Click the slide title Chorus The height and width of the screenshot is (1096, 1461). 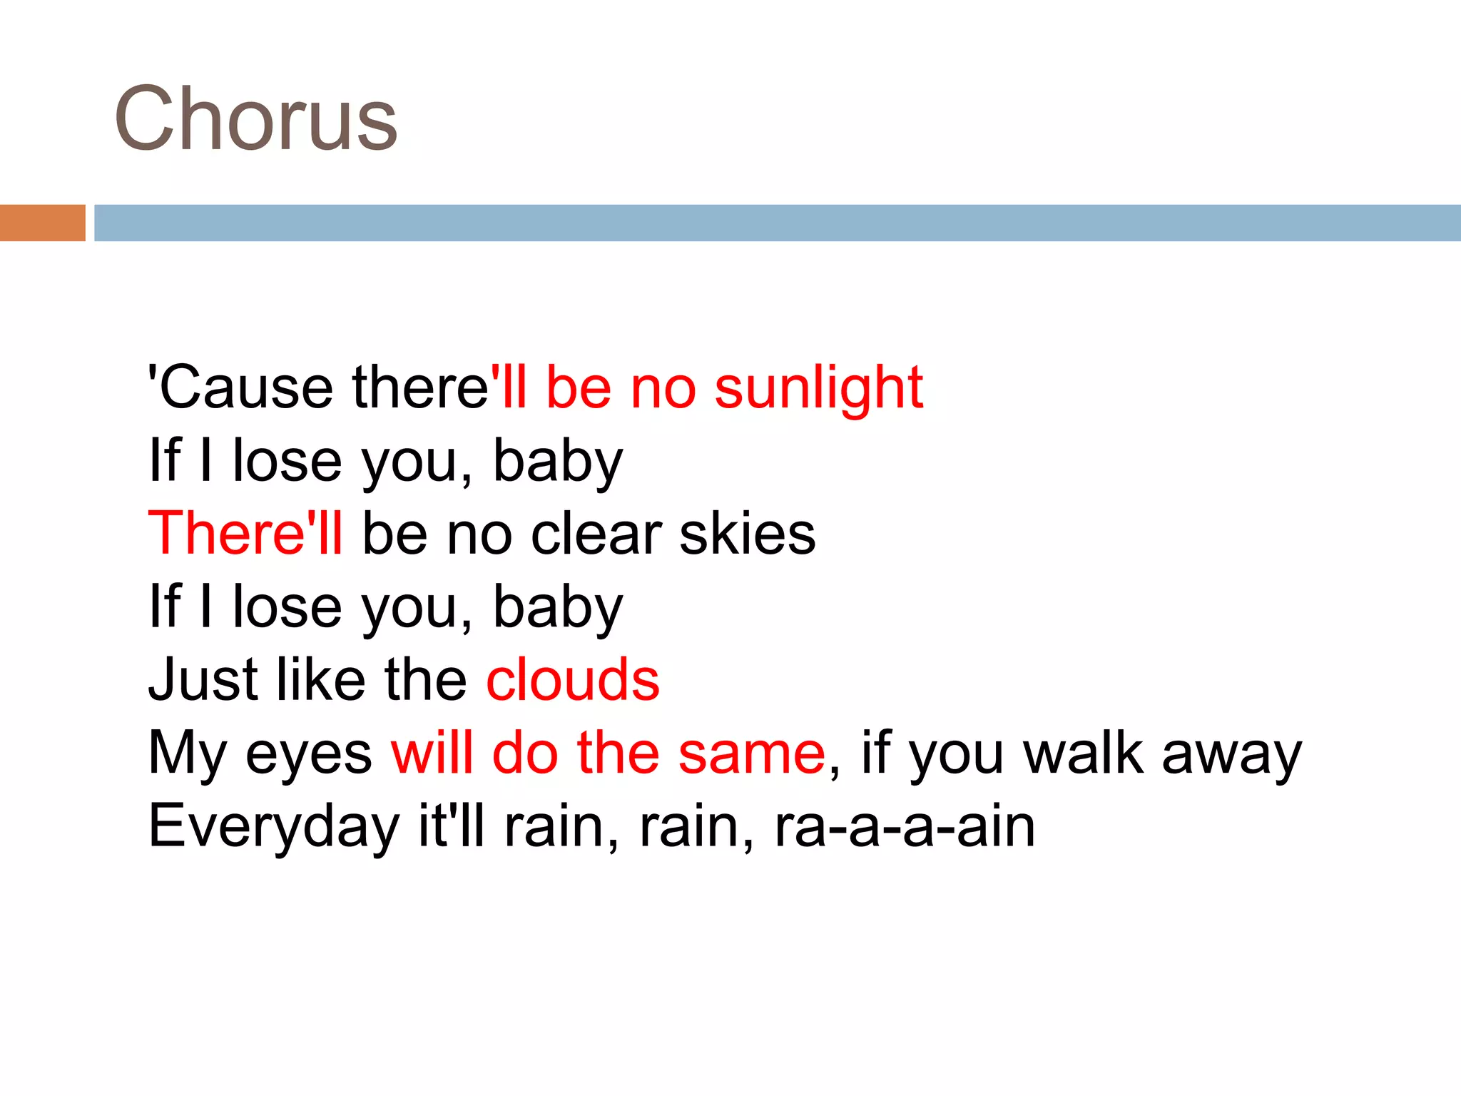(x=255, y=118)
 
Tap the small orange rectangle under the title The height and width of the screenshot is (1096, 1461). (x=42, y=223)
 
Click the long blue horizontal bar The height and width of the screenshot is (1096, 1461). (x=777, y=223)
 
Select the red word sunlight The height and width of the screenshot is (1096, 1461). (x=818, y=389)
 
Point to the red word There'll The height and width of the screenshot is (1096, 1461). (x=245, y=534)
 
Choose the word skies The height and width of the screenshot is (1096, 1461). (x=747, y=534)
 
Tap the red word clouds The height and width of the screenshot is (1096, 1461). (x=573, y=679)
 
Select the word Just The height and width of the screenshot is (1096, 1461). (x=203, y=679)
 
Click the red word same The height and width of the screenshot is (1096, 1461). (x=752, y=753)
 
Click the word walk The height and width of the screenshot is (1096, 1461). (x=1083, y=753)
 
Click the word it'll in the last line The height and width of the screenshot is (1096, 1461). (x=452, y=826)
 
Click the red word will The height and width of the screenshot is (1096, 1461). (x=432, y=753)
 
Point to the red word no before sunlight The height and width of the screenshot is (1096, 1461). (x=663, y=389)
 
